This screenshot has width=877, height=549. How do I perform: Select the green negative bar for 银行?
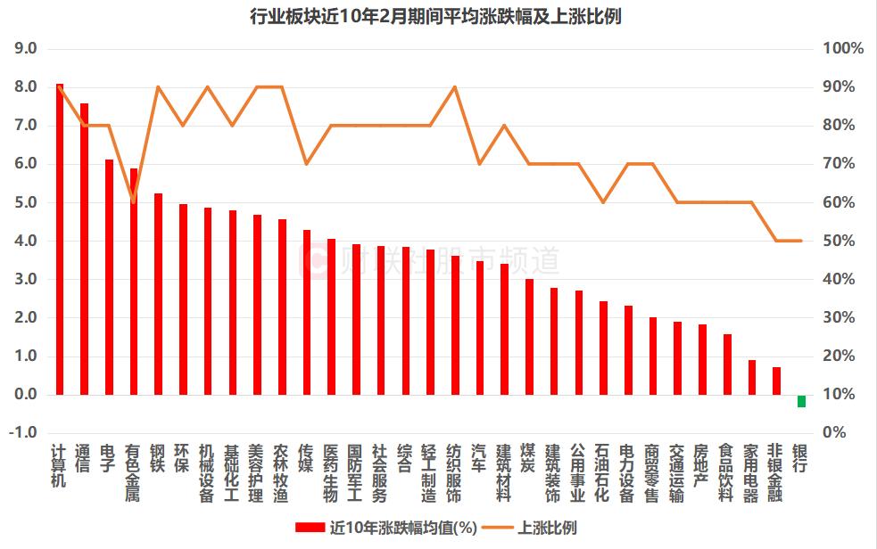coord(801,401)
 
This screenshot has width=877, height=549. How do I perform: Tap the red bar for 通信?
coord(84,249)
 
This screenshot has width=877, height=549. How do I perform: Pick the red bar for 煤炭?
coord(529,337)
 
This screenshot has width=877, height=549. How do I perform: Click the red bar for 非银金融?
coord(776,381)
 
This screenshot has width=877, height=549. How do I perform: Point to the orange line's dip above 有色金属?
coord(134,201)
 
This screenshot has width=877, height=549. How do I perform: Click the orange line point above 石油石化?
coord(603,202)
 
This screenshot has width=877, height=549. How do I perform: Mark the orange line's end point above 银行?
coord(801,241)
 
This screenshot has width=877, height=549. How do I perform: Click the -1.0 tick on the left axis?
coord(23,432)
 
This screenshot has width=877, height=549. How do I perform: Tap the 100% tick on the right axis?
coord(842,49)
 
